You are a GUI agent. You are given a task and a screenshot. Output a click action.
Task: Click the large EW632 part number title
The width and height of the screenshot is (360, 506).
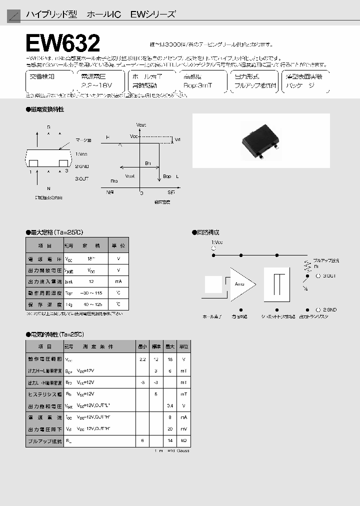click(x=63, y=43)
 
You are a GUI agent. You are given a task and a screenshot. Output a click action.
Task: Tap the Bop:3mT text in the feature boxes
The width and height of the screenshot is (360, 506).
click(x=198, y=86)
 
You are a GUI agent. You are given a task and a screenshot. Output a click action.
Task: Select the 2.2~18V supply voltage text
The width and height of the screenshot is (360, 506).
click(x=95, y=86)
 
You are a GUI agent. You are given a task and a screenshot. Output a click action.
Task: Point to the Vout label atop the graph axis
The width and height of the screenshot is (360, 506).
click(x=141, y=124)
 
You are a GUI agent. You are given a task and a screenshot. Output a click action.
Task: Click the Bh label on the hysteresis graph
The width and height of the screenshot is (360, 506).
click(x=147, y=163)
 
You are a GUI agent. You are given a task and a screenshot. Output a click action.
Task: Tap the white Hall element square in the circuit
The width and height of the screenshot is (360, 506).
click(x=213, y=284)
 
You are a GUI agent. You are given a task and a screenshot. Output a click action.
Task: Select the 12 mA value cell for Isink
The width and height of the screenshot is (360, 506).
click(x=91, y=281)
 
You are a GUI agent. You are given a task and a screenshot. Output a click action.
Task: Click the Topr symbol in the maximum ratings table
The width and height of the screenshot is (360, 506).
click(x=69, y=293)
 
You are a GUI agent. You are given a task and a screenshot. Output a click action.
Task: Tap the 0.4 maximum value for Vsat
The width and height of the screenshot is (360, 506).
click(x=170, y=405)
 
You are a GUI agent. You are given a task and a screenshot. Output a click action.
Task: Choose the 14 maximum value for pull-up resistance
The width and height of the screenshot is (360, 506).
click(x=170, y=440)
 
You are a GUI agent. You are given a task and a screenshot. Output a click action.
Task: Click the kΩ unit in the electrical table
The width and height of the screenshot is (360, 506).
click(x=184, y=440)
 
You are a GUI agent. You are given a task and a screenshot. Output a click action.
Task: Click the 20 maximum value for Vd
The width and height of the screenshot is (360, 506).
click(x=170, y=429)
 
